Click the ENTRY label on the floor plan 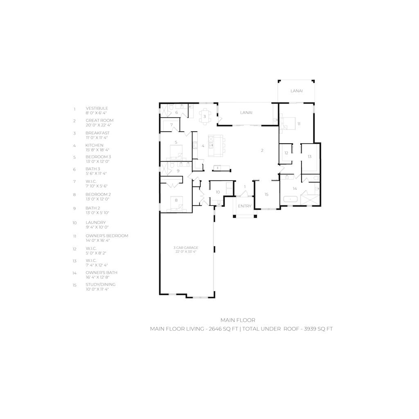click(245, 206)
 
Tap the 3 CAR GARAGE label click(186, 248)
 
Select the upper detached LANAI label click(296, 91)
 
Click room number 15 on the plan click(266, 194)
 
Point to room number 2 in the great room click(262, 151)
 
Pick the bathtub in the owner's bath click(290, 199)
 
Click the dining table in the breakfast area click(205, 116)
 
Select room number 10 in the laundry click(218, 192)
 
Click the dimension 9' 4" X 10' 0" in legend click(97, 227)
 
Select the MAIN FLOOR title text click(238, 320)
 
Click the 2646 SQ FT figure click(223, 329)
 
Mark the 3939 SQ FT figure click(318, 329)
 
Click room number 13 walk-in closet click(309, 157)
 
